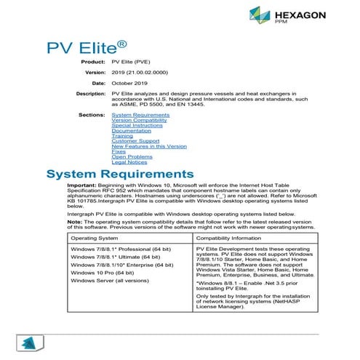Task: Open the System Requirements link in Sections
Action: pyautogui.click(x=141, y=115)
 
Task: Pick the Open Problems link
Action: pyautogui.click(x=132, y=156)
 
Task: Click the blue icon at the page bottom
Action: pyautogui.click(x=28, y=345)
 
